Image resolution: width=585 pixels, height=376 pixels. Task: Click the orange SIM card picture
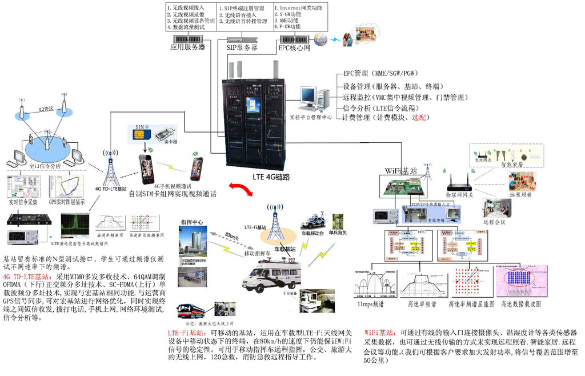coord(138,134)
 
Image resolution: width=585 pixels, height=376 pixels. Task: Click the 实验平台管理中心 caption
coord(310,117)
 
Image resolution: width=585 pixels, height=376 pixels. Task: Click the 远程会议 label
coord(495,221)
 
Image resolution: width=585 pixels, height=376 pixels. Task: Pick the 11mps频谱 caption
coord(371,304)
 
